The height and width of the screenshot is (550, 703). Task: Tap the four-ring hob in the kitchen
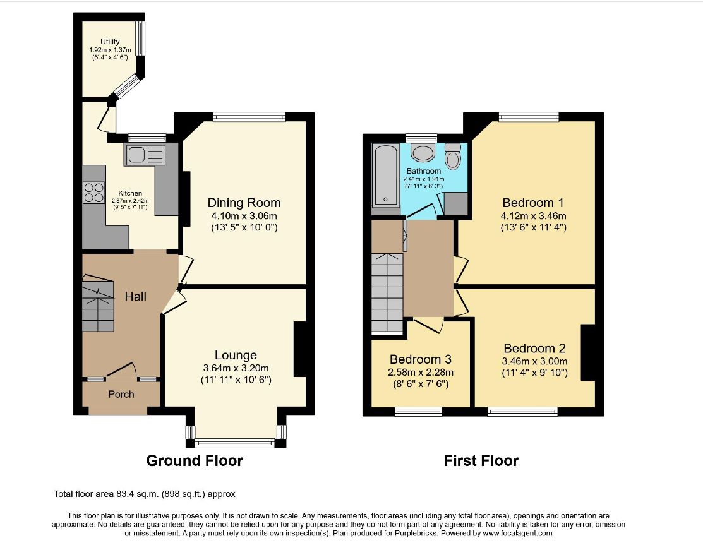point(93,193)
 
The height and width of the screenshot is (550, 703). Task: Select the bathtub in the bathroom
point(385,175)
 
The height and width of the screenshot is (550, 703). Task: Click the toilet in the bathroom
point(453,156)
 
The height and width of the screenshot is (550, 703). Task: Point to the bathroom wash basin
point(423,152)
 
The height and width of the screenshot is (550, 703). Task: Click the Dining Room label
point(244,203)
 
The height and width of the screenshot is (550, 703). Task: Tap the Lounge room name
point(236,355)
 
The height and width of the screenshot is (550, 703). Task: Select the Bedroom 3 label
point(421,359)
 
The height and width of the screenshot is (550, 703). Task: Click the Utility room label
point(110,42)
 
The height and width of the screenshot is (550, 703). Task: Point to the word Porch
point(121,394)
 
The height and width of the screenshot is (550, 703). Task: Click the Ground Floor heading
point(195,460)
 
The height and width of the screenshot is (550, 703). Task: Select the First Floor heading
point(481,460)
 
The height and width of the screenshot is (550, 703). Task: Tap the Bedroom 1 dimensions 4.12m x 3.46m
point(534,215)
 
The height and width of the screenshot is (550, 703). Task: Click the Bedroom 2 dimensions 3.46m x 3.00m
point(534,361)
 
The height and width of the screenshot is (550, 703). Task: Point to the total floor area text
point(145,494)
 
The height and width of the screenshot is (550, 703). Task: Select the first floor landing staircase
point(387,293)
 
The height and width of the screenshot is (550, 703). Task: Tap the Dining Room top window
point(249,117)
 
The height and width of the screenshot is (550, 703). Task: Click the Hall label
point(135,296)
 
